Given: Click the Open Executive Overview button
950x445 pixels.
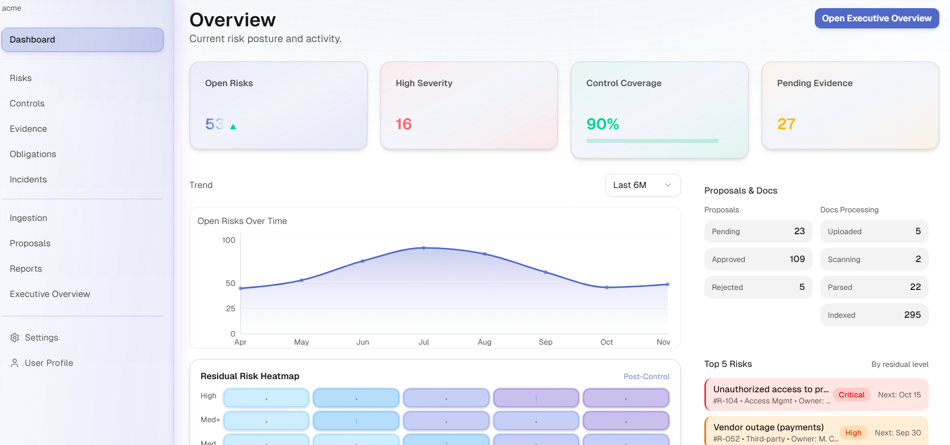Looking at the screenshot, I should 876,18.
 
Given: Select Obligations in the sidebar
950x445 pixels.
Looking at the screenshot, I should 33,154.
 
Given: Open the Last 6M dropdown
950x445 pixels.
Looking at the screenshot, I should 642,185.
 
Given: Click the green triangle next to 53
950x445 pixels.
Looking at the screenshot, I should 233,127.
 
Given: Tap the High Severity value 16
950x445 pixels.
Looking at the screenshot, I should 404,124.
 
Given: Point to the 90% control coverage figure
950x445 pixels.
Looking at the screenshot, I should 603,124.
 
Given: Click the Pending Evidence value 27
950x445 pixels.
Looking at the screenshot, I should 786,124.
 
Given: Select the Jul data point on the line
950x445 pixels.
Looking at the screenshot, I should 424,248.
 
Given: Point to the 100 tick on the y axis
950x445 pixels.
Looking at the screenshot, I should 228,240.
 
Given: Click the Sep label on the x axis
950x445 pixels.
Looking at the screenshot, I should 545,342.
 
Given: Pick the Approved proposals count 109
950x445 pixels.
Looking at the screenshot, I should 797,259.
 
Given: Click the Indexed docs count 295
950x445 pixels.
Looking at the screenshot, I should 912,315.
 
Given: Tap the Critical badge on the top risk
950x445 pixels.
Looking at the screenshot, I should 851,395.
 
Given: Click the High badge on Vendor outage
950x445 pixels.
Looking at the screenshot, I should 853,433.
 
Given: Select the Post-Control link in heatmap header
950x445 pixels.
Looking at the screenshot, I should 646,377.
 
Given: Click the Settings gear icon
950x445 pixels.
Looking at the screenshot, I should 15,338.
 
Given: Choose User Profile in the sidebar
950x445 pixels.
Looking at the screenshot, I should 49,363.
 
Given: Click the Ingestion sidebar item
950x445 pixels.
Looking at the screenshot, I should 28,218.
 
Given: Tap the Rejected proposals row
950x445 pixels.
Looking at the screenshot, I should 758,287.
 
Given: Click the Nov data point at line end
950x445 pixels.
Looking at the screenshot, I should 667,284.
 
